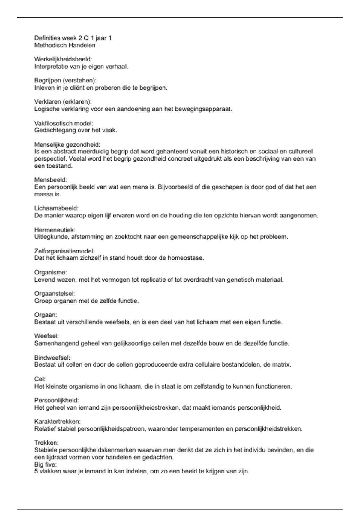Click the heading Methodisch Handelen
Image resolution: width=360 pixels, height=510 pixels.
point(65,45)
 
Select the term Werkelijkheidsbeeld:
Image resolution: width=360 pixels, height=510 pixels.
point(63,59)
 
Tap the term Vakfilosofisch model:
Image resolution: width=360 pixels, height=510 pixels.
point(64,123)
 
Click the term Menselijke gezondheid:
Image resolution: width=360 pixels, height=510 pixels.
point(67,145)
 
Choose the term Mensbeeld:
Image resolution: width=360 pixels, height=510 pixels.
point(51,180)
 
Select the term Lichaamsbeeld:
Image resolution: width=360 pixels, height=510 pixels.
point(56,208)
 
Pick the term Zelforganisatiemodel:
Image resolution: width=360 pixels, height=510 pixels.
point(64,251)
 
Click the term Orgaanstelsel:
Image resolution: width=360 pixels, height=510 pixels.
point(55,293)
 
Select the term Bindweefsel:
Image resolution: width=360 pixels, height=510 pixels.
point(52,358)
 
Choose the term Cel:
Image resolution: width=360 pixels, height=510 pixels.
point(40,379)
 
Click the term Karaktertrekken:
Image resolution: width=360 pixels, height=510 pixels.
point(58,421)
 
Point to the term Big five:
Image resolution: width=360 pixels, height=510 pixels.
point(46,464)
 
